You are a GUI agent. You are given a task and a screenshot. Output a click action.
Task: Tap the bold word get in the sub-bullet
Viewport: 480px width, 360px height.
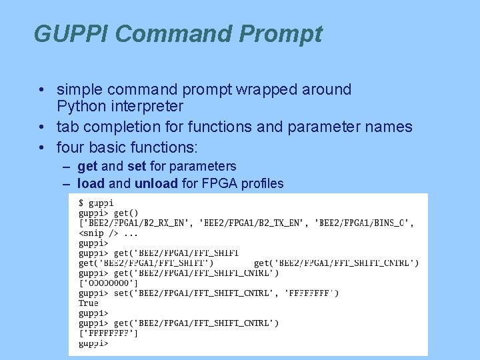click(87, 166)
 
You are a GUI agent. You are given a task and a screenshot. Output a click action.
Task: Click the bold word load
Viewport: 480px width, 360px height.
click(91, 183)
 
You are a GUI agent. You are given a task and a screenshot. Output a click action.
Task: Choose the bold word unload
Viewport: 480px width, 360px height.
click(156, 183)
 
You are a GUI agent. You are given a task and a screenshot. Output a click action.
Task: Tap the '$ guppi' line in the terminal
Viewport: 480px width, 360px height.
click(96, 203)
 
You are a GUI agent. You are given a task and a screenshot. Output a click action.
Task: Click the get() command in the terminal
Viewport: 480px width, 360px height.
click(126, 213)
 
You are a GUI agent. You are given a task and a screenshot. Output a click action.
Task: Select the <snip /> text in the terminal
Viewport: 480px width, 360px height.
click(98, 233)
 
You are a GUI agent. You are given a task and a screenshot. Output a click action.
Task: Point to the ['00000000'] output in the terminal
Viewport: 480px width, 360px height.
click(109, 283)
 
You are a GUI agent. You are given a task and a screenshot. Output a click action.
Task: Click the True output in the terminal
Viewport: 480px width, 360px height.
click(89, 303)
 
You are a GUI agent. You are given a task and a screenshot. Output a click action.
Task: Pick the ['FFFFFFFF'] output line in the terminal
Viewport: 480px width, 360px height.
click(109, 333)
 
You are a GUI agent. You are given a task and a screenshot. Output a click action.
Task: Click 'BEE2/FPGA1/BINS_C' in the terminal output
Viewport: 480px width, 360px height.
click(363, 223)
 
